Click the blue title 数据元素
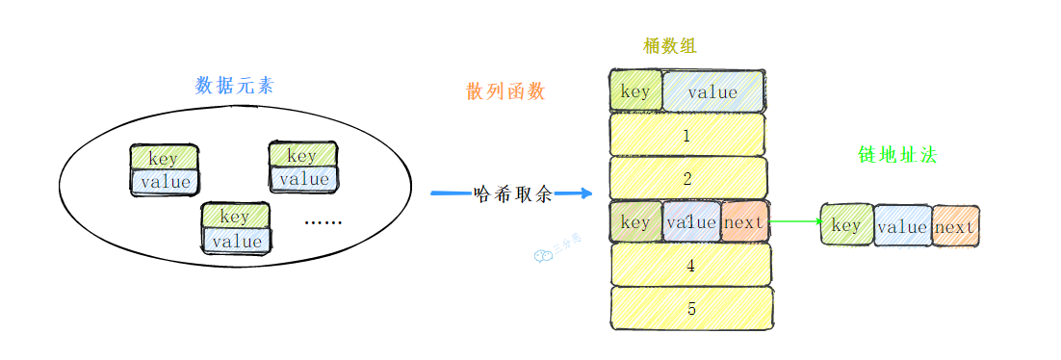point(234,86)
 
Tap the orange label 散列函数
point(505,91)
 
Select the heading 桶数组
point(670,45)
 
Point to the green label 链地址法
point(897,154)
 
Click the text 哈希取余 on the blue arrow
point(514,193)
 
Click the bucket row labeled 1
point(687,135)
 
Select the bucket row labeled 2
point(687,178)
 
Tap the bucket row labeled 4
point(690,265)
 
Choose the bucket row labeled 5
point(691,309)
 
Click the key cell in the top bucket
point(635,92)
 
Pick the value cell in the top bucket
point(712,92)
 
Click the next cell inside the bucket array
point(743,222)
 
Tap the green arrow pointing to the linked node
point(794,222)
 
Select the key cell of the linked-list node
point(845,226)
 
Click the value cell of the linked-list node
point(902,227)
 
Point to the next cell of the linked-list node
point(955,227)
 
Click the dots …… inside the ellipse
point(323,222)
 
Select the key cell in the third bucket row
point(635,222)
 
